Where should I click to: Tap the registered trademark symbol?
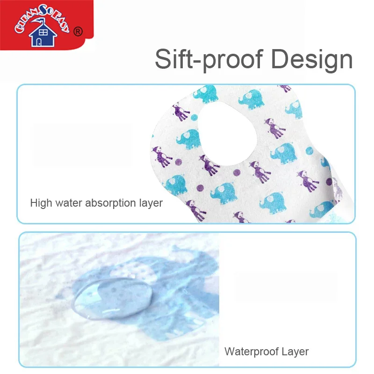pos(78,31)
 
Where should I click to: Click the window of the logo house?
pos(43,33)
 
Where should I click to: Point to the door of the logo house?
pos(39,42)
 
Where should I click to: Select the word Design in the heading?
pos(312,60)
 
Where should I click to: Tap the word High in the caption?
pos(41,203)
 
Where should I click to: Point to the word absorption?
pos(110,203)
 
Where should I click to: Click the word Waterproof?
pos(252,352)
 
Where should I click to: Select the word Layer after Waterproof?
pos(295,352)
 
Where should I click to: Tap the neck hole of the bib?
pos(228,134)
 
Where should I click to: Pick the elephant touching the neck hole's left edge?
pos(188,139)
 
